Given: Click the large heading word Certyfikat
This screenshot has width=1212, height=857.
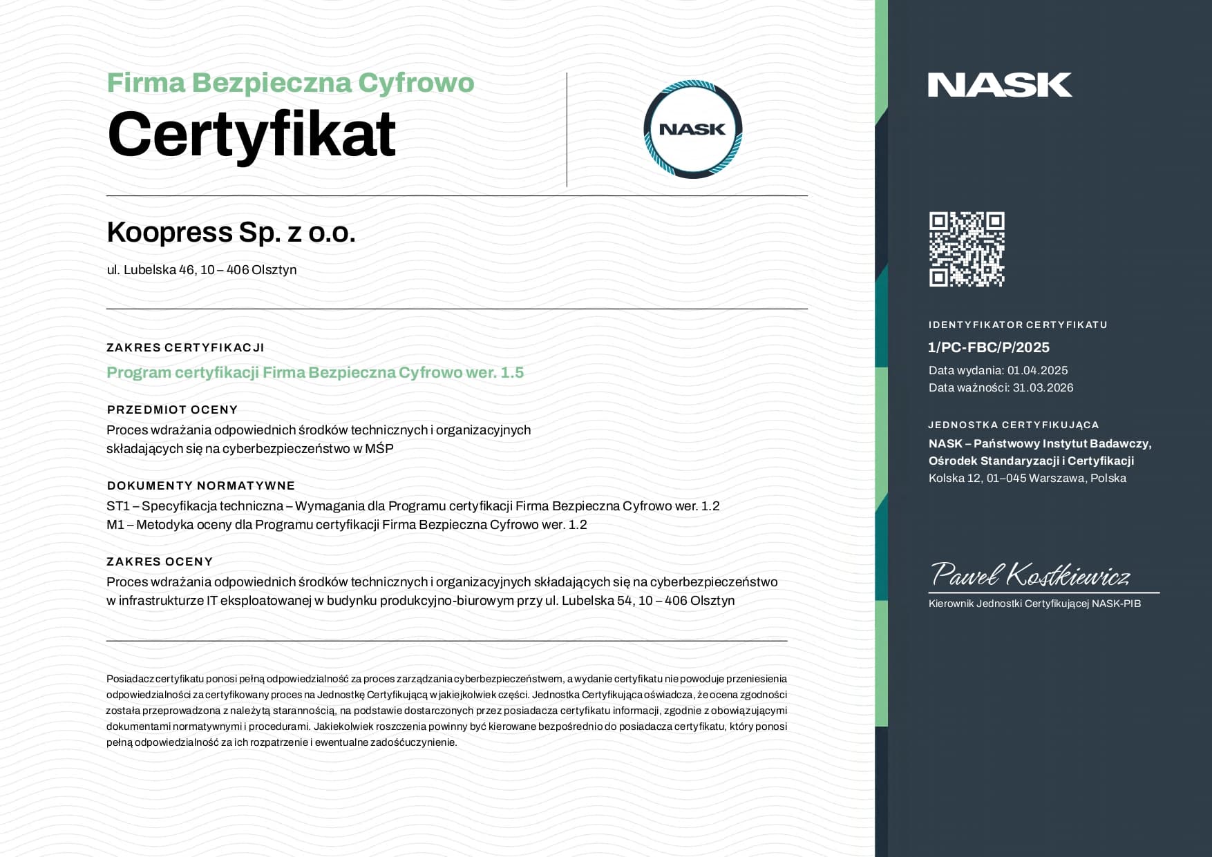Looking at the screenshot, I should click(252, 134).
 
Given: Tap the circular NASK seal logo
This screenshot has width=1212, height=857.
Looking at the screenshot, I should click(692, 129).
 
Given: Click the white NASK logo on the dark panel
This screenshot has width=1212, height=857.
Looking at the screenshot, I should click(999, 85).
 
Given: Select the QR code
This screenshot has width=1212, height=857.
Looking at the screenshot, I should click(966, 249).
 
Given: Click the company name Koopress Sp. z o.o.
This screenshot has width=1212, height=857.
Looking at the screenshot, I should click(231, 232).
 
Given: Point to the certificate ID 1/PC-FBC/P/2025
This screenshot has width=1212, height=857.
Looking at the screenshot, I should click(988, 347).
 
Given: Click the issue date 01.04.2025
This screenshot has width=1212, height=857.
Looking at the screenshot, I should click(1037, 370).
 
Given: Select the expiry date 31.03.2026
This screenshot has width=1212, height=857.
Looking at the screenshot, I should click(1043, 387).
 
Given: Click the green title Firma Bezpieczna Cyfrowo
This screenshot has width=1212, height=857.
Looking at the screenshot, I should click(290, 83).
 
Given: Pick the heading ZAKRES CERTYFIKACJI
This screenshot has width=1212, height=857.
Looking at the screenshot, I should click(185, 347).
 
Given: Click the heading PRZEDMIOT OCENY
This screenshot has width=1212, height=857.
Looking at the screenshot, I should click(172, 410).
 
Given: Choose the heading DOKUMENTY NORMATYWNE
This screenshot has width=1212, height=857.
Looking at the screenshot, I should click(200, 485).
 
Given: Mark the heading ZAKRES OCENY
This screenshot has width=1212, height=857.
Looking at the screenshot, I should click(160, 561).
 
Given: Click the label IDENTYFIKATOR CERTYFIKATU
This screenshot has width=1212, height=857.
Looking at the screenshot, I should click(1017, 325).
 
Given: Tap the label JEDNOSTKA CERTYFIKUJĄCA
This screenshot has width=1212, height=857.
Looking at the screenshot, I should click(1013, 425).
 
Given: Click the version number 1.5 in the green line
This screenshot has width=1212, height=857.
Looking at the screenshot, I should click(512, 373).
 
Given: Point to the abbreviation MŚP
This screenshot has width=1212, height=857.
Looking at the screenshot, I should click(379, 449).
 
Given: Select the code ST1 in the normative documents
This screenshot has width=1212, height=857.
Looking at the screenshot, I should click(117, 506).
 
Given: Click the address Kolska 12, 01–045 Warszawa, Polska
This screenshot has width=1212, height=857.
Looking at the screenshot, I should click(1027, 478).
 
